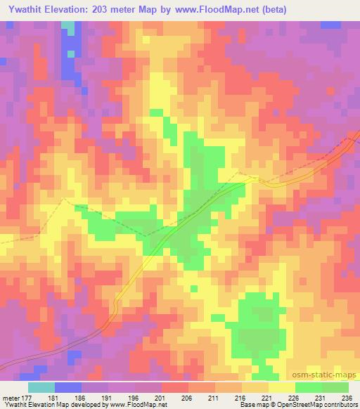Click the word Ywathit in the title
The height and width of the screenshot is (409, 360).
click(x=28, y=8)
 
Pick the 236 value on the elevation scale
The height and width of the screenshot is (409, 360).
click(x=346, y=397)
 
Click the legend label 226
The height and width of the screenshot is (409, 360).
click(x=295, y=397)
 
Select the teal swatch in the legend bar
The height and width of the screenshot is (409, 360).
click(x=41, y=387)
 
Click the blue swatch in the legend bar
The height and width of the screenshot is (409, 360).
click(x=68, y=387)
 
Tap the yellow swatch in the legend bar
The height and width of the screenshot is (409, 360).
click(x=281, y=387)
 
